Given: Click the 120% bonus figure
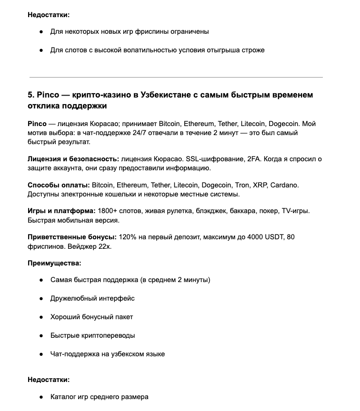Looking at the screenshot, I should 127,237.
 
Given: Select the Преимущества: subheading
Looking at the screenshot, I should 54,263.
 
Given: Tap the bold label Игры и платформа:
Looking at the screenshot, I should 61,211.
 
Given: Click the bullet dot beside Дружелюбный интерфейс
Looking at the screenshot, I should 41,298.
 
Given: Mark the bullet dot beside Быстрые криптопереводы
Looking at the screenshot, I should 41,335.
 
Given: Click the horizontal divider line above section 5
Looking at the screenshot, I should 176,77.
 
